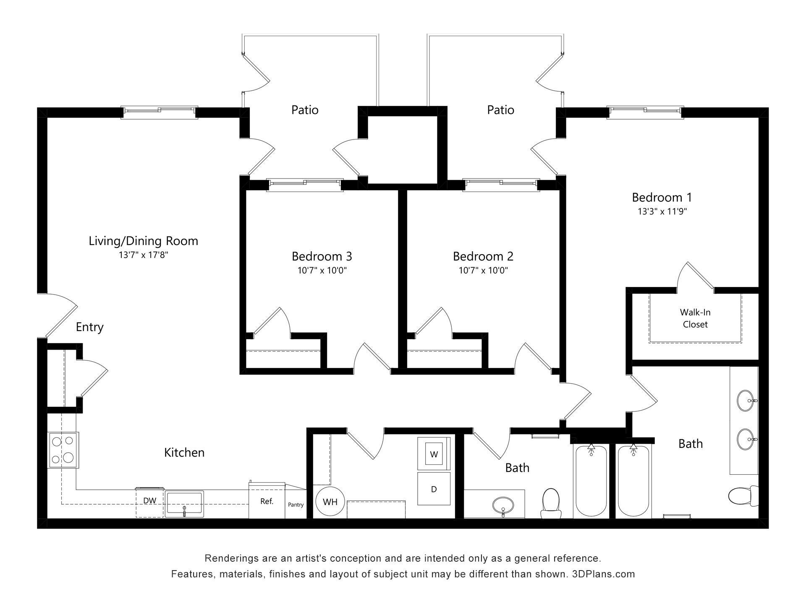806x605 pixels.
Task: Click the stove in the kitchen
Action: tap(63, 450)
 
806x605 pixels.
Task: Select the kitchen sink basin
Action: tap(184, 503)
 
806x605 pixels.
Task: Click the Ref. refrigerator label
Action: tap(267, 502)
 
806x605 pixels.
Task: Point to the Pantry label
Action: tap(296, 505)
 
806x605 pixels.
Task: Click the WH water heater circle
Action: tap(330, 502)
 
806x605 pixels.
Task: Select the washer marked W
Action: tap(434, 454)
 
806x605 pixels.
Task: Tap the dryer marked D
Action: tap(434, 489)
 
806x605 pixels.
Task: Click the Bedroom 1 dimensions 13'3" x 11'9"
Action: tap(662, 212)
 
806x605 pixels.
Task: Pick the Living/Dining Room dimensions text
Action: tap(143, 255)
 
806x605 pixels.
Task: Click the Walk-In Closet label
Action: tap(695, 318)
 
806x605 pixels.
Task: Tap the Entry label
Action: tap(89, 327)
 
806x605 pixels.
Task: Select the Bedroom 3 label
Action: tap(322, 256)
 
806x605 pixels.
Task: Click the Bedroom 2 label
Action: tap(483, 256)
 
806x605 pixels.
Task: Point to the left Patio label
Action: tap(305, 110)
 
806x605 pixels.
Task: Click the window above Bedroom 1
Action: tap(645, 111)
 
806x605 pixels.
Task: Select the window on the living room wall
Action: tap(159, 111)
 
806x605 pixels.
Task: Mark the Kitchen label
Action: tap(184, 453)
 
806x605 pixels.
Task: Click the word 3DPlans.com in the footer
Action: tap(603, 574)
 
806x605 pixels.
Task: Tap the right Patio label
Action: tap(500, 110)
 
